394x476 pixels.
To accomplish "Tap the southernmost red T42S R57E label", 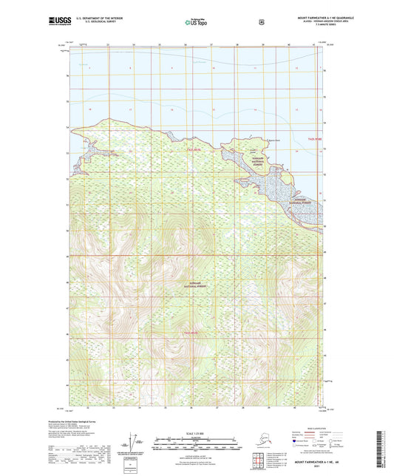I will coord(194,333).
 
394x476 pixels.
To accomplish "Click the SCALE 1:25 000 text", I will coord(197,432).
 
